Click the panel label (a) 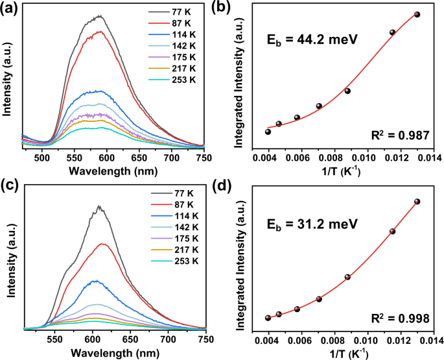tap(11, 10)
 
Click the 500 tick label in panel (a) tap(42, 157)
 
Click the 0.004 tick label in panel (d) tap(268, 339)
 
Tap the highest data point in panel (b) tap(417, 14)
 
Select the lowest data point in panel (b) tap(268, 132)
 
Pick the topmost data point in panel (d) tap(417, 201)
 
